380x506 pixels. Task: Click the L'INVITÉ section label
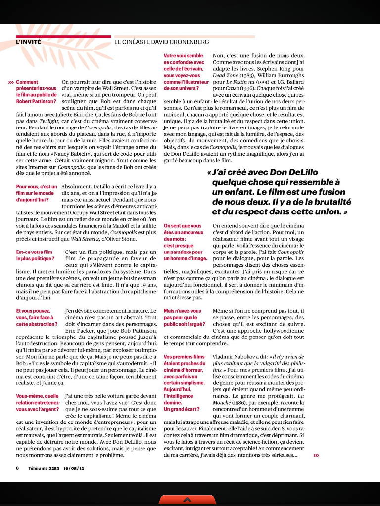pyautogui.click(x=28, y=42)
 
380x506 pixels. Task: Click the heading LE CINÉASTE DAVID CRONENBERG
pyautogui.click(x=161, y=42)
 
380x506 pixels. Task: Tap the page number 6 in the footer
pyautogui.click(x=17, y=468)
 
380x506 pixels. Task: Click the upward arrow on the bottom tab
pyautogui.click(x=190, y=499)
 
